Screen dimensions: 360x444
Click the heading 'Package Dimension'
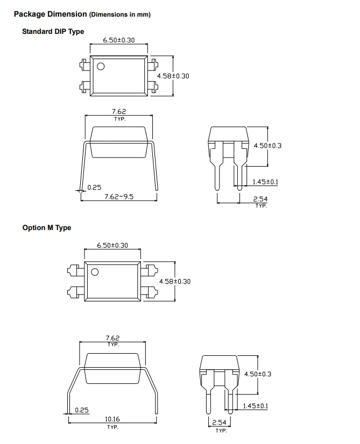pyautogui.click(x=51, y=14)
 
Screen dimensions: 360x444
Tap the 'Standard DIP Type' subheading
pyautogui.click(x=53, y=31)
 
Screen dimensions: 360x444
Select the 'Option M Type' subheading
pyautogui.click(x=47, y=228)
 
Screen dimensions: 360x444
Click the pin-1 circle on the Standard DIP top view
pyautogui.click(x=101, y=66)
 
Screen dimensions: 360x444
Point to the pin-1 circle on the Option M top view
pyautogui.click(x=95, y=272)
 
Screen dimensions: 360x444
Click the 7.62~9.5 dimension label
pyautogui.click(x=119, y=197)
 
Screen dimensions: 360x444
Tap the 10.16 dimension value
pyautogui.click(x=112, y=419)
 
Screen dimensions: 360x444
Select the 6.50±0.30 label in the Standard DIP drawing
pyautogui.click(x=119, y=40)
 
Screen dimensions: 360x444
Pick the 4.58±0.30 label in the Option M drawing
pyautogui.click(x=175, y=282)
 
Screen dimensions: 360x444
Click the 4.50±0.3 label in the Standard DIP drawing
pyautogui.click(x=267, y=146)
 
